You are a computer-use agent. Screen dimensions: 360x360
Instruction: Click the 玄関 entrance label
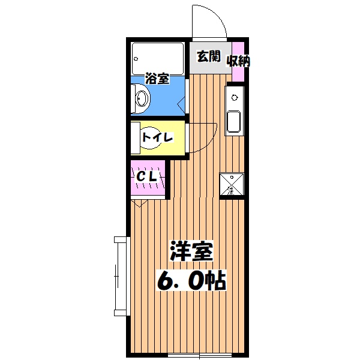[209, 58]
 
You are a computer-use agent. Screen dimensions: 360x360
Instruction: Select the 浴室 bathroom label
[157, 78]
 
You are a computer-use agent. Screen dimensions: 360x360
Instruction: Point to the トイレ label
[157, 137]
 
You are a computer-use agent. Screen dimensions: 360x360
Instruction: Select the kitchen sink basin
[233, 122]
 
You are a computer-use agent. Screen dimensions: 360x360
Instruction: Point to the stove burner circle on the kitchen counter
[233, 96]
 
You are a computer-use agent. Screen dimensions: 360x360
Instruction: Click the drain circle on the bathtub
[137, 60]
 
